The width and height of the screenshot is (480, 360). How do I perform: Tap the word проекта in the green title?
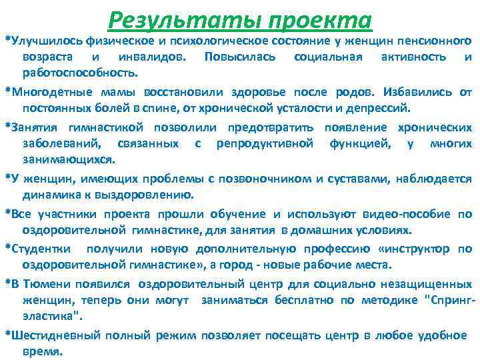[319, 18]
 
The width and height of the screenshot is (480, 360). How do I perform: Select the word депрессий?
[383, 107]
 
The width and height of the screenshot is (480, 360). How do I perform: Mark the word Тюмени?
[41, 283]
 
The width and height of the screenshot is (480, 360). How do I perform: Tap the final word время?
[43, 351]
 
